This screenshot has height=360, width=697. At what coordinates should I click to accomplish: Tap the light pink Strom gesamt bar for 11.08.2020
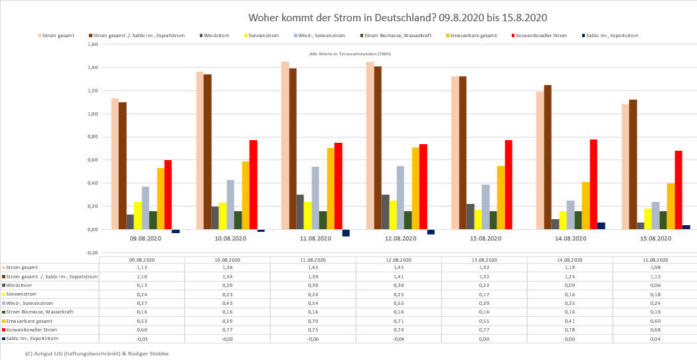pos(285,145)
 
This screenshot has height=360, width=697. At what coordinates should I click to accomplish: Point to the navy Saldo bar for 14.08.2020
pos(601,226)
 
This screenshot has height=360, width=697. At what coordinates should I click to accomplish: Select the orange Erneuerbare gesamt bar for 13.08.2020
pos(501,197)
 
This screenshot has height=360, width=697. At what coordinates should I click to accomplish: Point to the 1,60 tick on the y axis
pos(93,45)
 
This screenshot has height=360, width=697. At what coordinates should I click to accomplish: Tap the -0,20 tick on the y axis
pos(92,252)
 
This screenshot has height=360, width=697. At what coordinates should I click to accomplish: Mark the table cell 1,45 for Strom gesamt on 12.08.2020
pos(398,268)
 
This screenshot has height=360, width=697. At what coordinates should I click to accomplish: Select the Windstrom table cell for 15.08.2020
pos(655,285)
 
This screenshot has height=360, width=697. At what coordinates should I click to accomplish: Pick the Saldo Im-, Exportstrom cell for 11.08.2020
pos(313,339)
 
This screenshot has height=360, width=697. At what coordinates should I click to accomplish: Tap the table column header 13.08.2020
pos(484,260)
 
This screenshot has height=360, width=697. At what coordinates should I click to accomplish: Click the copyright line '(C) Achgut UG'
pos(97,353)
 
